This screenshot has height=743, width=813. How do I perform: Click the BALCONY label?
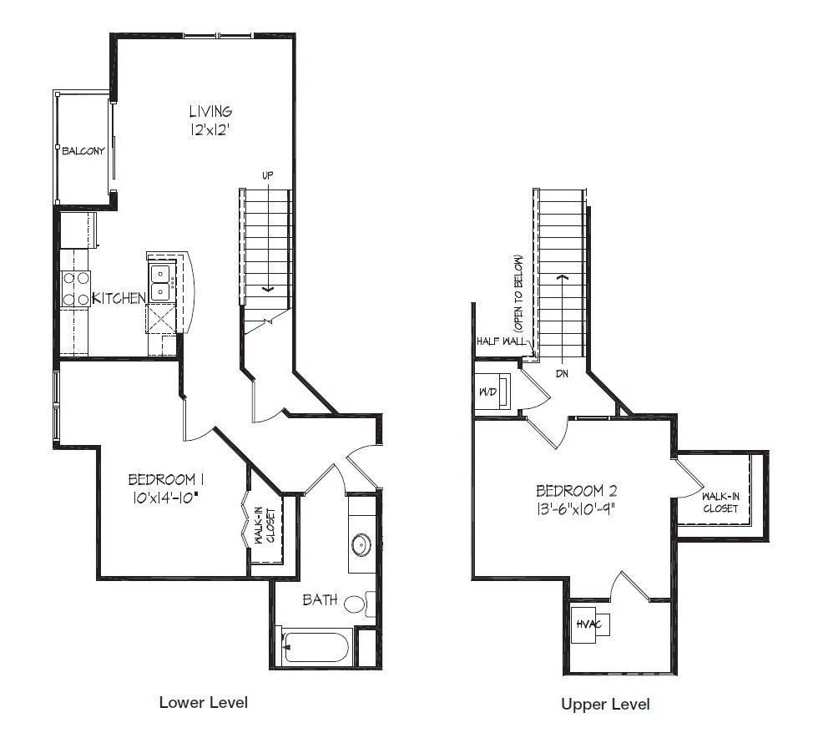[x=83, y=151]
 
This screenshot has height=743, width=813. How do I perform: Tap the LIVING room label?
[x=210, y=111]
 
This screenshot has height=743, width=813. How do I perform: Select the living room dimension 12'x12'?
[x=210, y=129]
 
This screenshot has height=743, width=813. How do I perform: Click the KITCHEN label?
[x=119, y=298]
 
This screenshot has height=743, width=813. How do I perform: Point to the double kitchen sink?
[x=162, y=282]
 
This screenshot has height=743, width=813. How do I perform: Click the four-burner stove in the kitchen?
[x=76, y=289]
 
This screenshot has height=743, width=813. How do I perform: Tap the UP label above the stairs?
[x=268, y=176]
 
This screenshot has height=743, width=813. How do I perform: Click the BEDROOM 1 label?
[x=162, y=479]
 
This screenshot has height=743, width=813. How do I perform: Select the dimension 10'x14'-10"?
[x=166, y=498]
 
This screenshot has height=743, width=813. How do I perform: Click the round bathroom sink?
[x=361, y=545]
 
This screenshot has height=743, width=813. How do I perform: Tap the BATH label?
[x=320, y=600]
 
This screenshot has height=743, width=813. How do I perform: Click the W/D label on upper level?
[x=488, y=392]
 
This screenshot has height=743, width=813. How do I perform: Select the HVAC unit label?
[x=588, y=624]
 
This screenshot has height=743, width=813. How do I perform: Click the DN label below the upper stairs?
[x=562, y=373]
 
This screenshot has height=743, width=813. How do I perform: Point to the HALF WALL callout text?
[x=500, y=341]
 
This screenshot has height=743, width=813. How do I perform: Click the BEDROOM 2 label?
[x=577, y=490]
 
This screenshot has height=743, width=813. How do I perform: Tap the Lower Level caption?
[x=204, y=703]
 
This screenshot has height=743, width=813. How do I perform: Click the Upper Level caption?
[x=605, y=704]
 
